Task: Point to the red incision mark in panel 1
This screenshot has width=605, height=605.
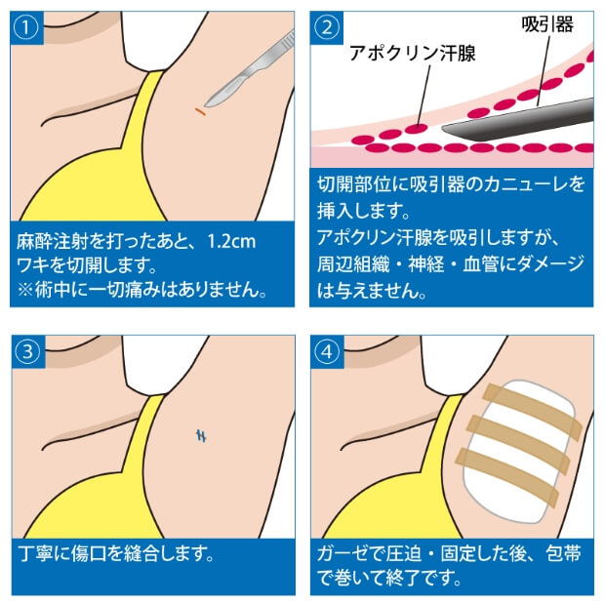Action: click(199, 113)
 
